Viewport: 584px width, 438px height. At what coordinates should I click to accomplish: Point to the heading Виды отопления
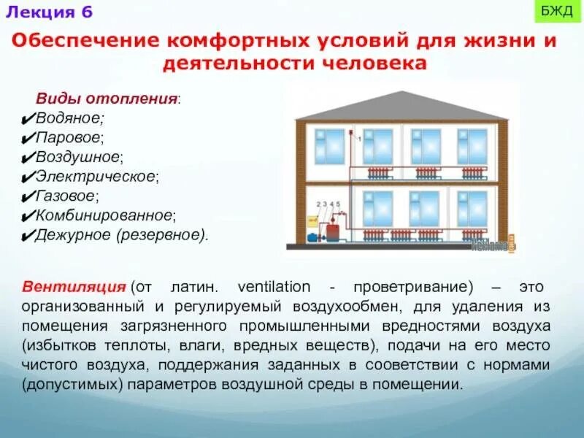(109, 99)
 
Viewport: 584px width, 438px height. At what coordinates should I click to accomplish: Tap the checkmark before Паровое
(27, 138)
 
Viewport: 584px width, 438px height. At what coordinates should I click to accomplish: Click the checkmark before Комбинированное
(27, 217)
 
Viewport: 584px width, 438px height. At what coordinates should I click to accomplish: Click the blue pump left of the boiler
(314, 237)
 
